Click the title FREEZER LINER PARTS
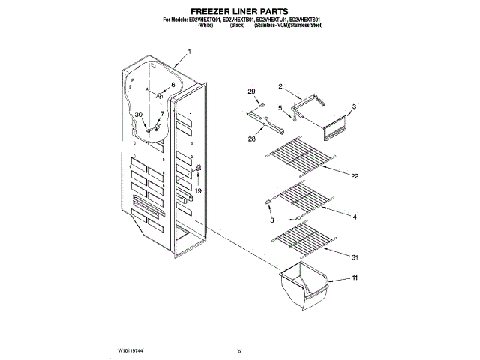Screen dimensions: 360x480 (x=240, y=11)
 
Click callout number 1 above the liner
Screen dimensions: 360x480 (x=189, y=52)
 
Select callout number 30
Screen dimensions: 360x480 (x=138, y=115)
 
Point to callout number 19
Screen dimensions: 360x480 (x=199, y=191)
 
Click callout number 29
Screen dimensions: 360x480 (x=252, y=91)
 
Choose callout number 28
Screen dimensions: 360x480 (x=252, y=139)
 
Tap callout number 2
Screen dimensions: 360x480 (x=280, y=86)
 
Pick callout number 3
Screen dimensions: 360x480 (x=354, y=106)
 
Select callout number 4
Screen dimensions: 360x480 (x=354, y=217)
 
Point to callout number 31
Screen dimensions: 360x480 (x=354, y=257)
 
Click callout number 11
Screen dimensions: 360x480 (x=354, y=279)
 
